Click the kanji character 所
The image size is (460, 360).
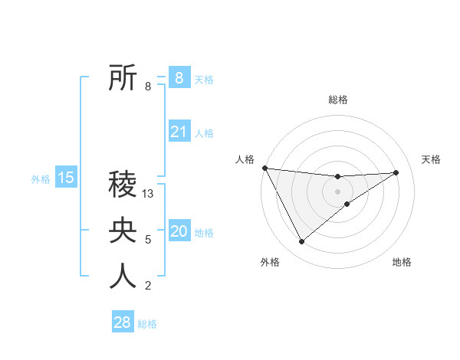pyautogui.click(x=123, y=78)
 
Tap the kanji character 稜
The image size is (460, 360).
pyautogui.click(x=123, y=186)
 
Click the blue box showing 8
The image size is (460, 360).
pyautogui.click(x=179, y=77)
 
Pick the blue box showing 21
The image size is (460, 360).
pyautogui.click(x=179, y=132)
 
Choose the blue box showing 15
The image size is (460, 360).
pyautogui.click(x=66, y=178)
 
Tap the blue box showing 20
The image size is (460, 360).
pyautogui.click(x=179, y=231)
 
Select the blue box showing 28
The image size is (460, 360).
pyautogui.click(x=123, y=322)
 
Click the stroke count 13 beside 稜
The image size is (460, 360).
pyautogui.click(x=149, y=195)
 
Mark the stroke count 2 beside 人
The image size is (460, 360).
pyautogui.click(x=148, y=286)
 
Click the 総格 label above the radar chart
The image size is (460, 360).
pyautogui.click(x=338, y=100)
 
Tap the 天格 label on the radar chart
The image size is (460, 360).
pyautogui.click(x=432, y=159)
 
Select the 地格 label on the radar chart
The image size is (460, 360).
pyautogui.click(x=402, y=263)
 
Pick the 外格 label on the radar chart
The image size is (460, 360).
pyautogui.click(x=270, y=263)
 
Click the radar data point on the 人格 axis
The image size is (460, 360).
pyautogui.click(x=264, y=168)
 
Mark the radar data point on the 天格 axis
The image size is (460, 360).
pyautogui.click(x=396, y=172)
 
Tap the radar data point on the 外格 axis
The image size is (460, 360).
pyautogui.click(x=301, y=242)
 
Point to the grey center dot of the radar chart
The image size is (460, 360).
pyautogui.click(x=337, y=191)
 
